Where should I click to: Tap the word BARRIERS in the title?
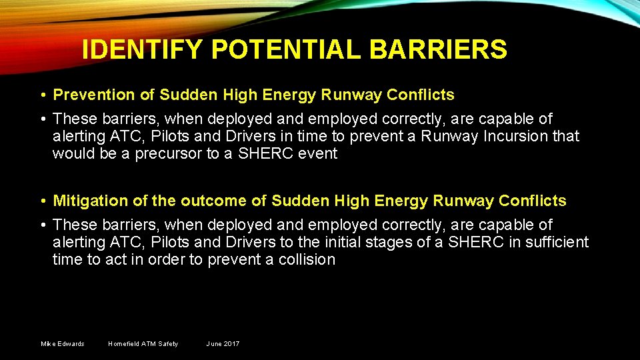(437, 49)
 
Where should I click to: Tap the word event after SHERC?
(318, 154)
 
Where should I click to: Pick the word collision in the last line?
(307, 259)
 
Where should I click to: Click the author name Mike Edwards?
(63, 344)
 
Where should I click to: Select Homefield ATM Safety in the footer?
(143, 344)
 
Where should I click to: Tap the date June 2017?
(223, 344)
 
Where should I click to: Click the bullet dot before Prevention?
(42, 95)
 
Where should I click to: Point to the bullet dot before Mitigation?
(42, 201)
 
